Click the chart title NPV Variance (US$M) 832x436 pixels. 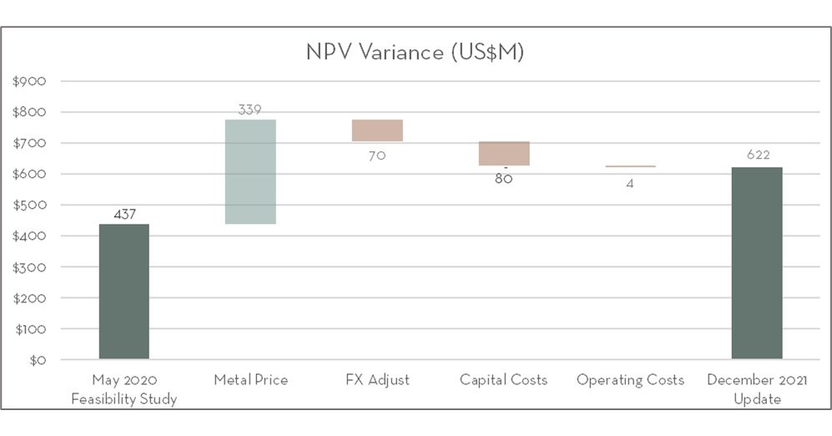point(415,52)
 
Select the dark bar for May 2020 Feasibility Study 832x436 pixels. point(124,292)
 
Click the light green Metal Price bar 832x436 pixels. point(250,171)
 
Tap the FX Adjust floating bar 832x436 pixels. point(377,130)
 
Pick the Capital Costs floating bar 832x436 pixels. point(504,154)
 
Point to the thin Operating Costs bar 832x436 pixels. point(630,166)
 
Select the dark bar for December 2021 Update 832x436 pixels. point(757,263)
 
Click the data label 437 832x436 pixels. point(124,215)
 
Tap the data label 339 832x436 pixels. point(250,110)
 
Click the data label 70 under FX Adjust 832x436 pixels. point(377,155)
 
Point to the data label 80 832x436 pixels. point(503,179)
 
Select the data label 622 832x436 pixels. point(758,155)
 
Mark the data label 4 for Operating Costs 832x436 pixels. point(630,184)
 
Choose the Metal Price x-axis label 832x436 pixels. point(250,380)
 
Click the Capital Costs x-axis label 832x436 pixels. point(503,380)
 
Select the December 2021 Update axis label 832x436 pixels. point(757,389)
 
